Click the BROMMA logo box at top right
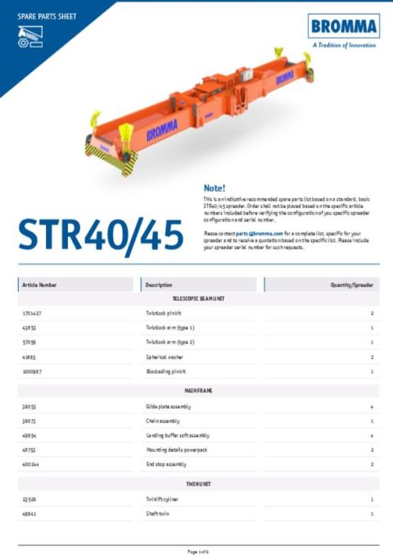(x=343, y=26)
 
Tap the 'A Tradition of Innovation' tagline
(x=344, y=46)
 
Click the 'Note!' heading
(x=214, y=188)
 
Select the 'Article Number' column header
(x=40, y=284)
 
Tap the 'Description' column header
(x=159, y=284)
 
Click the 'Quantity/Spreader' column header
(x=352, y=284)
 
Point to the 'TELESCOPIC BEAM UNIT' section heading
(x=197, y=299)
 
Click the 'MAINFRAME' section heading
(x=197, y=391)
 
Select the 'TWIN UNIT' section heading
(x=197, y=484)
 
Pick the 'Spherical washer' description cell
(x=164, y=357)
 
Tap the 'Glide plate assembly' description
(x=168, y=407)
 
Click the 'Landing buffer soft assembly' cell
(x=177, y=435)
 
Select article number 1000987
(x=34, y=371)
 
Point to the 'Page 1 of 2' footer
(x=197, y=551)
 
